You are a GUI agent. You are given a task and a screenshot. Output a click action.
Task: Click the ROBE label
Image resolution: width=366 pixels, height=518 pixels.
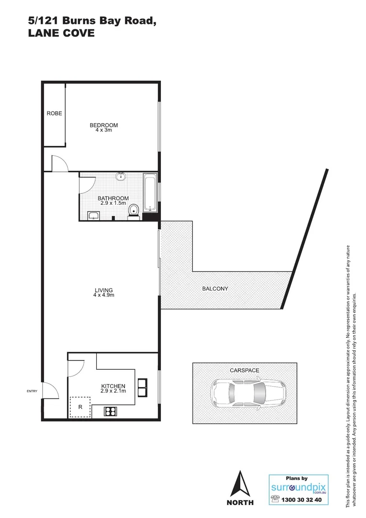coord(54,114)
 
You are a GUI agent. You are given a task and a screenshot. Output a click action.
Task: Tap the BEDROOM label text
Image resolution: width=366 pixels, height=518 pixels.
coord(103,125)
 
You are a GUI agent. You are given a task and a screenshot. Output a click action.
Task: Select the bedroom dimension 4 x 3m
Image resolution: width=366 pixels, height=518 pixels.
coord(103,130)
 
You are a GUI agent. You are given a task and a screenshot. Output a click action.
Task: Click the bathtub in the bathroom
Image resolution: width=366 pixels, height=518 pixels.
coord(150,193)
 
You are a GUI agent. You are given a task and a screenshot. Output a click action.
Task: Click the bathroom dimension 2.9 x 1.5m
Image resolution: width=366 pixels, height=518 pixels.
coord(113,203)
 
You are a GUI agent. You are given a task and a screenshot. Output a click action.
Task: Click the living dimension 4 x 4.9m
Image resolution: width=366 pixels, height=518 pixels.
coord(103,295)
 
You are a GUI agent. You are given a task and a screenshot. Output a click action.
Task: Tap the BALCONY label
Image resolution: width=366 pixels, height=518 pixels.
coord(215,289)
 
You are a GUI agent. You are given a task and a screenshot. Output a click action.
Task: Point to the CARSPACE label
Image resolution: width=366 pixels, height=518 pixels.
coord(244,371)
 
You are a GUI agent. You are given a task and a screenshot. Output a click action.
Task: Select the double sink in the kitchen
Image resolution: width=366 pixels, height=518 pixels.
coord(143,387)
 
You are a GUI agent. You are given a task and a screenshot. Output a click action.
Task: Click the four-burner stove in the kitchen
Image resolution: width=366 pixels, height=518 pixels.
coord(111,411)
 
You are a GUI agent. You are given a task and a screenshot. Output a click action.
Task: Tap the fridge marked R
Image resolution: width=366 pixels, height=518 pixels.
coord(80,407)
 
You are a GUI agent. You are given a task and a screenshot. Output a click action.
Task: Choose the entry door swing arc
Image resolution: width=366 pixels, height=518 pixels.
coord(51,390)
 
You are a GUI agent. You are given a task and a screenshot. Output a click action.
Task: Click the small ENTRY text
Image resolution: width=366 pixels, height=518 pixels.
coord(32,391)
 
